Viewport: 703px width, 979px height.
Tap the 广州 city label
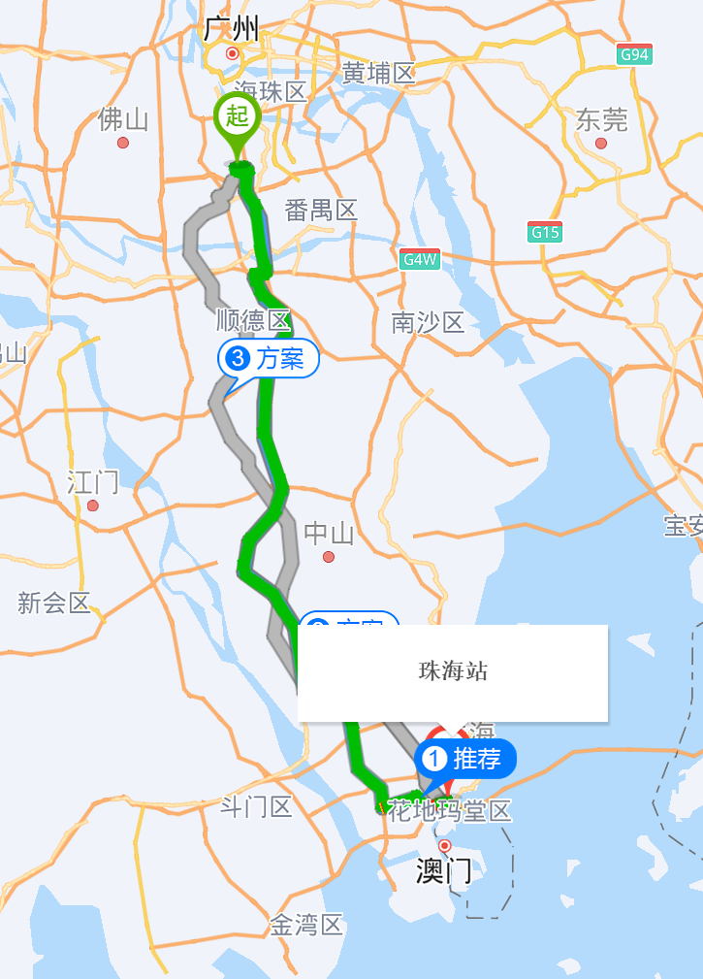point(231,30)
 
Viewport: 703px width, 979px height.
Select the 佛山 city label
point(123,120)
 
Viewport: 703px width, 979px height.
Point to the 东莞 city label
point(601,120)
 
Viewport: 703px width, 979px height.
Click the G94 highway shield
point(633,54)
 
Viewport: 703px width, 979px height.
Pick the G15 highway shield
point(545,232)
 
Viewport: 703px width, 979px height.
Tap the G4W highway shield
point(421,259)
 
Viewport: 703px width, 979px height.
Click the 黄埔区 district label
point(378,73)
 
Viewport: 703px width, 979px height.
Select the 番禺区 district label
point(321,210)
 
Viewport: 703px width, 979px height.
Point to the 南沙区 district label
point(428,322)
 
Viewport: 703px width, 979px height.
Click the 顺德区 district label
point(253,320)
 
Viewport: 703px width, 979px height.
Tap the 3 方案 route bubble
point(268,359)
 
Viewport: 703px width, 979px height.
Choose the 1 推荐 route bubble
point(466,758)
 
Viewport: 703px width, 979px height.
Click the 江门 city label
point(93,481)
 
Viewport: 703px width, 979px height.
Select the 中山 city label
point(329,533)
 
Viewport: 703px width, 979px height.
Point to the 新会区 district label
point(53,603)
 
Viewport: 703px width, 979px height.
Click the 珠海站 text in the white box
point(452,670)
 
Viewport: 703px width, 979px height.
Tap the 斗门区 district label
point(256,806)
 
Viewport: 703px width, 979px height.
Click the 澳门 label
point(444,871)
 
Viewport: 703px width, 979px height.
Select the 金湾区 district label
point(306,925)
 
